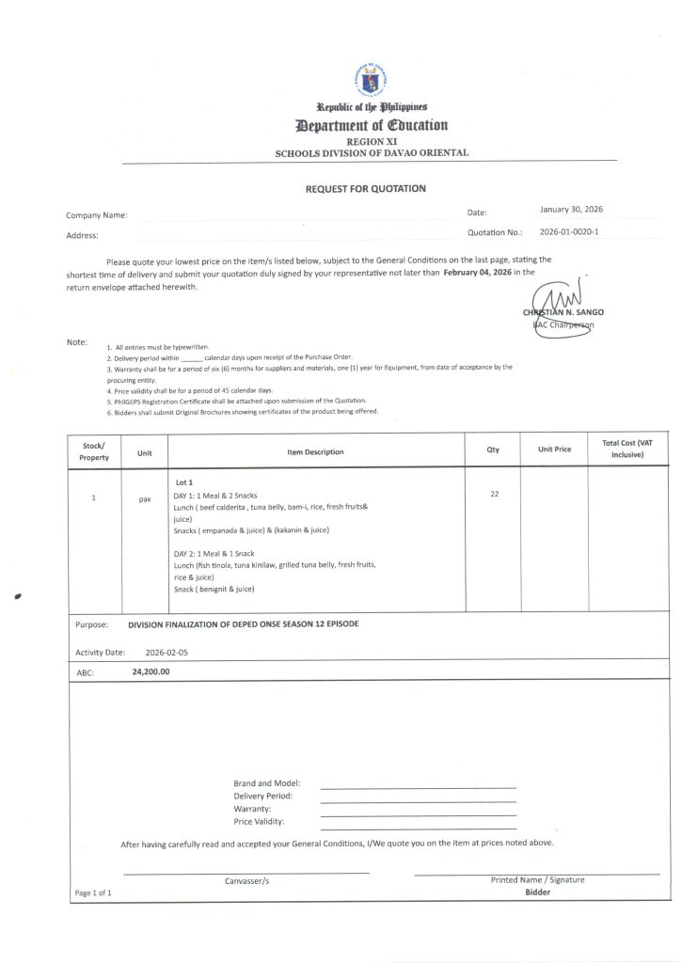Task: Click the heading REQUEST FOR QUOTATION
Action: tap(365, 189)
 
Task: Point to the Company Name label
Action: tap(97, 215)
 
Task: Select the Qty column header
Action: tap(493, 450)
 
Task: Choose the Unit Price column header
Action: tap(554, 450)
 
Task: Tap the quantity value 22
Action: tap(494, 495)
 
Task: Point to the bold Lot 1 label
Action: tap(183, 482)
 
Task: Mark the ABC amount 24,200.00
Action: tap(151, 672)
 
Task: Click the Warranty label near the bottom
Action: tap(252, 809)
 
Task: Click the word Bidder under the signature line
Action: tap(537, 892)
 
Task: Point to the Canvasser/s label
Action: tap(246, 881)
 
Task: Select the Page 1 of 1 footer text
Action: tap(93, 892)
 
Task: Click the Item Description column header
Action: tap(315, 452)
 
